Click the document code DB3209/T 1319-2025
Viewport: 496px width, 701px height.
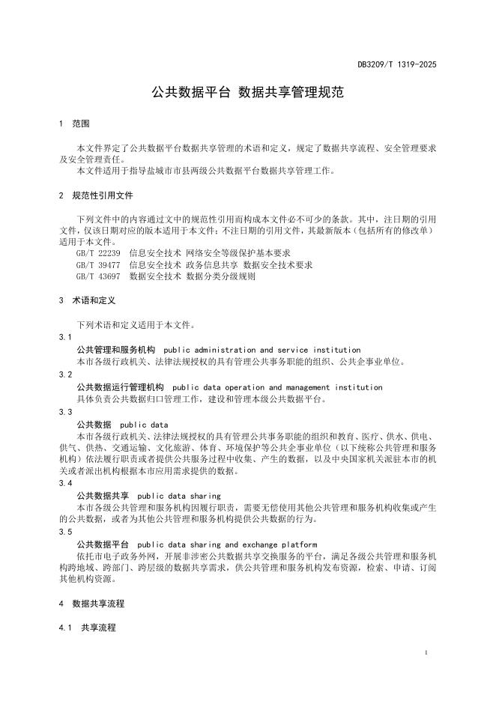[396, 64]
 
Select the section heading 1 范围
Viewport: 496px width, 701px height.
[74, 124]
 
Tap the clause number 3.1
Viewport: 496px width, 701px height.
[65, 338]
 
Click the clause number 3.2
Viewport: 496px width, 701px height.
[65, 374]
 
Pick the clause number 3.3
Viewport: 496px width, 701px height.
[65, 412]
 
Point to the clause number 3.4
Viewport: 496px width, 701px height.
[65, 483]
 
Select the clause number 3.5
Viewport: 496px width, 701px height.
[65, 532]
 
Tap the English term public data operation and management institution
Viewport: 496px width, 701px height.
[277, 387]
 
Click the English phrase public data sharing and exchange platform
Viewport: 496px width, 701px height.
[228, 544]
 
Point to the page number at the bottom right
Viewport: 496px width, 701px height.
[425, 654]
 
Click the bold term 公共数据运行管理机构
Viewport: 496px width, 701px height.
[121, 387]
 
